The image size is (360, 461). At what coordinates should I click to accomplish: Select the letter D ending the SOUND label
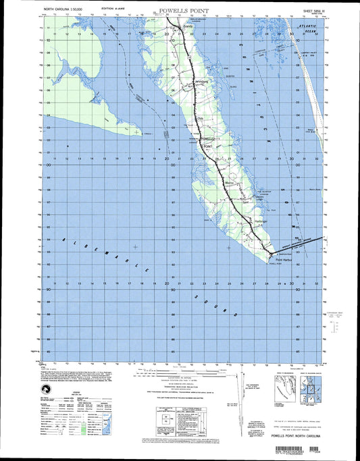[236, 314]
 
